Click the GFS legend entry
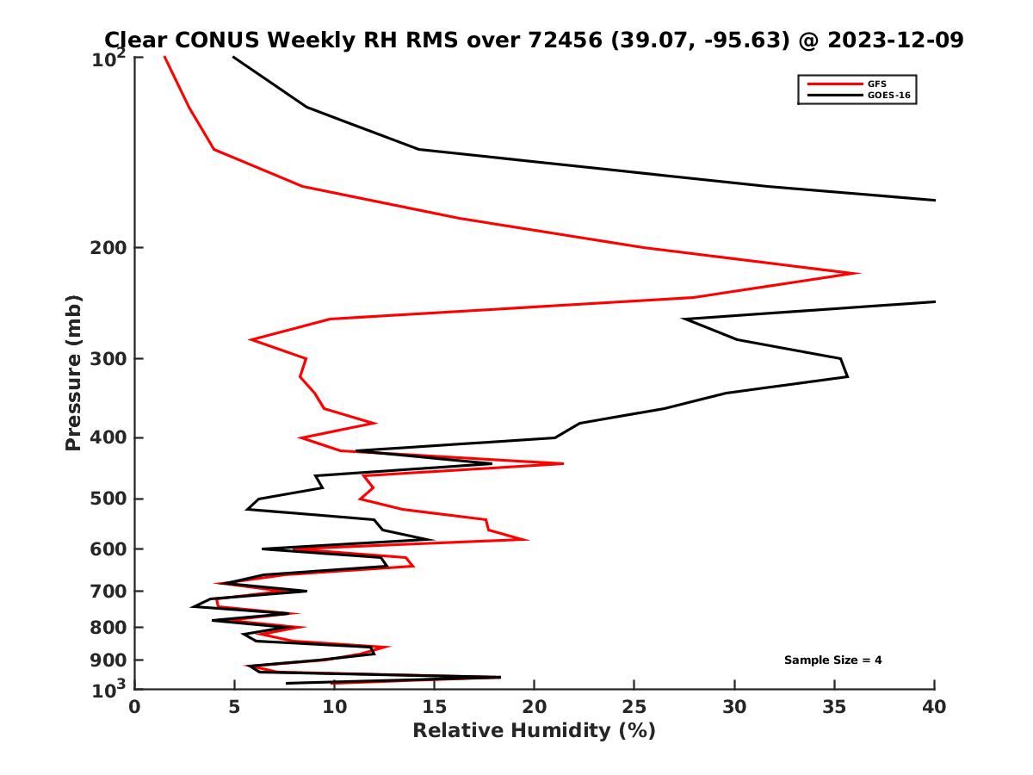878,84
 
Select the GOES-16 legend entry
887,96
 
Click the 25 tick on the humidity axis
634,707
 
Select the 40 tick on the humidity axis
934,707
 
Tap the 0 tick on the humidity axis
135,707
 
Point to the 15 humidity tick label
435,707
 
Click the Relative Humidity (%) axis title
534,731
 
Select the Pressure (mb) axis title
73,372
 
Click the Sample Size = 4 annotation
832,660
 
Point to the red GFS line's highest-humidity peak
858,273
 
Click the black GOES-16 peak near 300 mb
847,375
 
